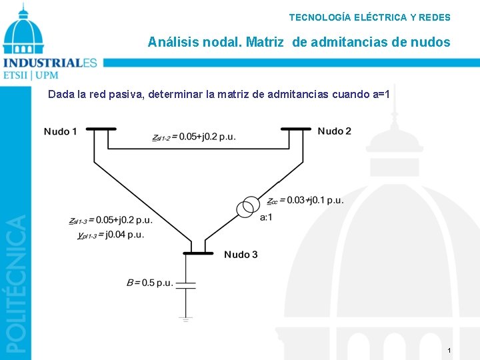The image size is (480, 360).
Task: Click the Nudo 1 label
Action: pyautogui.click(x=61, y=131)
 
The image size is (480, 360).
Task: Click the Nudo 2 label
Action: pyautogui.click(x=334, y=131)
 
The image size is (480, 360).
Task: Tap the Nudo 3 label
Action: pyautogui.click(x=241, y=255)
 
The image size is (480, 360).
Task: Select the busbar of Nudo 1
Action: pyautogui.click(x=101, y=129)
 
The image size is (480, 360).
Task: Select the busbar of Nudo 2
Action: pyautogui.click(x=296, y=129)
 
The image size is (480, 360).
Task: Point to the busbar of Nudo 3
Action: pyautogui.click(x=198, y=253)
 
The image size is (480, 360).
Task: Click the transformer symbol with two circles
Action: pyautogui.click(x=248, y=207)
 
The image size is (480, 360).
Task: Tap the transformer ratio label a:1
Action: pyautogui.click(x=266, y=217)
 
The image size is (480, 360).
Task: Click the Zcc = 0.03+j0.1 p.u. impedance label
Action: pyautogui.click(x=305, y=200)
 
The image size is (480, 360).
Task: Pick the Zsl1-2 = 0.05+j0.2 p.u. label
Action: pyautogui.click(x=193, y=137)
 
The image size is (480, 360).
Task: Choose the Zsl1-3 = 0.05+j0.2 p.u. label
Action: pyautogui.click(x=111, y=220)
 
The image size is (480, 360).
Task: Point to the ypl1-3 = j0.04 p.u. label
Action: pyautogui.click(x=111, y=235)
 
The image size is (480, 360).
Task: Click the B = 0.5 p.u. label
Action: pyautogui.click(x=149, y=283)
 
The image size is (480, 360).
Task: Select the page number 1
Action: pyautogui.click(x=449, y=351)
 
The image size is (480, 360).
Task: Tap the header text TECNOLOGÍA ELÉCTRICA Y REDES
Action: pyautogui.click(x=369, y=17)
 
